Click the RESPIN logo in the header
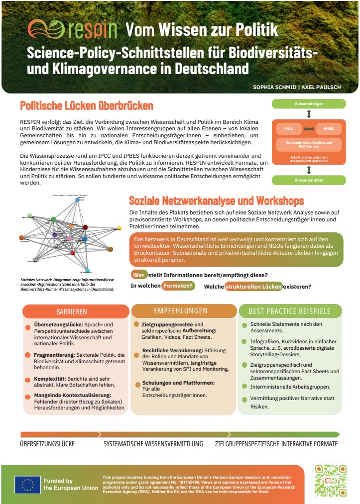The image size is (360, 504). (72, 30)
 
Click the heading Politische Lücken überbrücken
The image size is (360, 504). (87, 106)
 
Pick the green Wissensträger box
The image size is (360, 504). (308, 104)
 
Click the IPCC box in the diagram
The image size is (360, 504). (289, 128)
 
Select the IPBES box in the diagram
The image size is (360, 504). (329, 128)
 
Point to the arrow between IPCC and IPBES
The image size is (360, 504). (309, 129)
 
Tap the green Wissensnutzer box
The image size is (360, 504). (308, 180)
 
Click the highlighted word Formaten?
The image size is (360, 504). (178, 286)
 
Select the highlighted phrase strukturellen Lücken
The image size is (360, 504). (253, 287)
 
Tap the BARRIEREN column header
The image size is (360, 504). (72, 311)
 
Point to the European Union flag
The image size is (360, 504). (27, 484)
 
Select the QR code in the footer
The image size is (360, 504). (331, 481)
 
